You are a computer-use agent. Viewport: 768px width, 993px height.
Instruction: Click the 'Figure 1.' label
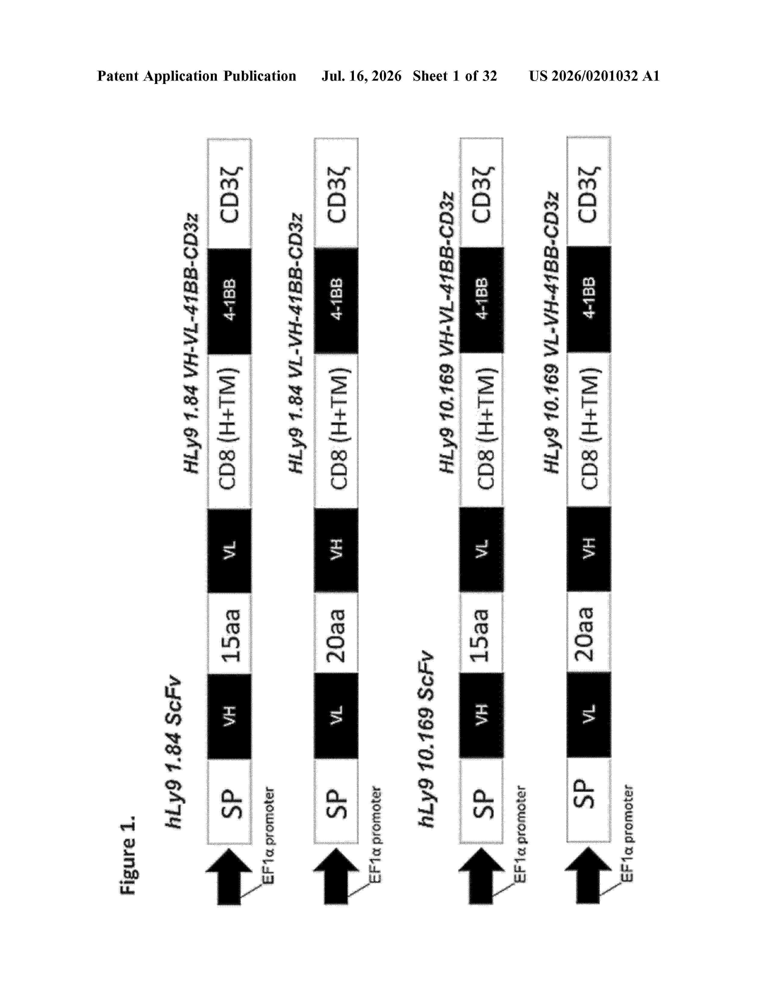(128, 855)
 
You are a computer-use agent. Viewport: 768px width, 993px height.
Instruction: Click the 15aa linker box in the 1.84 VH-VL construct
(229, 633)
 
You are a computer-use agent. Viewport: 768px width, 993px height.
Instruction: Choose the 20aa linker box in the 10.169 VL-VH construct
(589, 632)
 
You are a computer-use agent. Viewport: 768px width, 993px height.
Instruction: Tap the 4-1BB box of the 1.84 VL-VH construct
(336, 300)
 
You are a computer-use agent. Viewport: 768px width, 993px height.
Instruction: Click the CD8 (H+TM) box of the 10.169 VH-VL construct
(481, 430)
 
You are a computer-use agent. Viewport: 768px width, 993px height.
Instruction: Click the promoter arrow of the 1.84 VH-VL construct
(229, 876)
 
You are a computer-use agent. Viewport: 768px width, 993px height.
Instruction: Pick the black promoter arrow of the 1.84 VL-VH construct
(336, 876)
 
